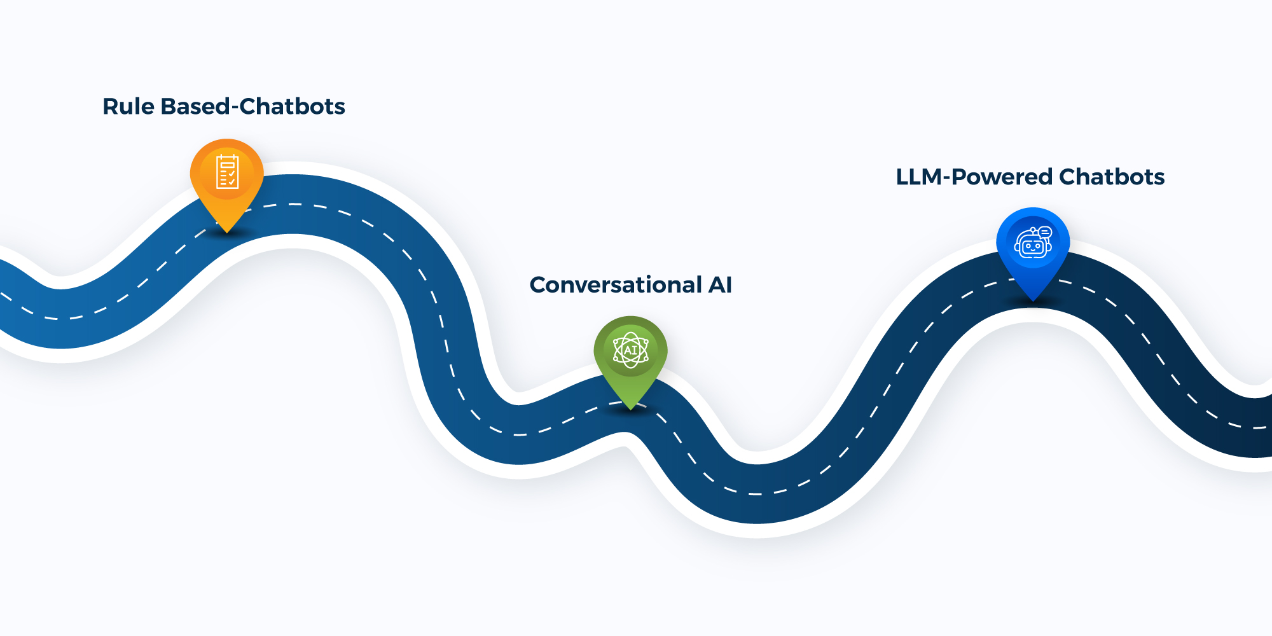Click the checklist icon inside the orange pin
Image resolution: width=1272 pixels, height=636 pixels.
click(x=227, y=172)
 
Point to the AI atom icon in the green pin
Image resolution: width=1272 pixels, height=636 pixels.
click(x=630, y=350)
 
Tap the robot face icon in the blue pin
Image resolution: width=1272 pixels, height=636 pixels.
click(x=1032, y=244)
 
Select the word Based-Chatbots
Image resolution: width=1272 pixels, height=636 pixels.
click(x=252, y=106)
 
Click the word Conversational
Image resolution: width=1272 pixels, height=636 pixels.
click(x=616, y=284)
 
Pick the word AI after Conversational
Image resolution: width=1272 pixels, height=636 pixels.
click(x=720, y=284)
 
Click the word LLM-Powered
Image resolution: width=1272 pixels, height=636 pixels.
click(x=974, y=177)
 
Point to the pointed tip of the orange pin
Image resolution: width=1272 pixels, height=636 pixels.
click(x=226, y=231)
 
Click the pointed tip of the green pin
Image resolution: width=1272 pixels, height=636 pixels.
click(x=630, y=408)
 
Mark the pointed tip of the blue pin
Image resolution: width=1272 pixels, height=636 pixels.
click(x=1033, y=300)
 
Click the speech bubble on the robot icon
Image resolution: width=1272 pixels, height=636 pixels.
click(x=1045, y=232)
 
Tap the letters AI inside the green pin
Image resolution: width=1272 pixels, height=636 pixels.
click(x=630, y=350)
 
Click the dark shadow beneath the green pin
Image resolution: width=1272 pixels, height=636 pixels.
click(x=630, y=413)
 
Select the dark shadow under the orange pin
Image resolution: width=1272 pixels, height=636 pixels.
click(x=227, y=235)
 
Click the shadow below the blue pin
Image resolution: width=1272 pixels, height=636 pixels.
click(x=1033, y=305)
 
